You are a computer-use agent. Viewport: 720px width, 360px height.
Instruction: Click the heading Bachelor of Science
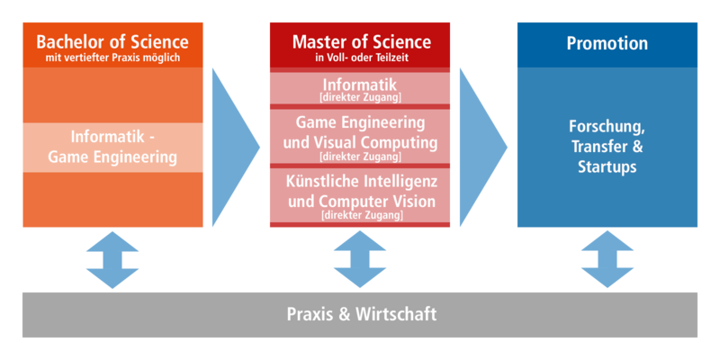click(112, 41)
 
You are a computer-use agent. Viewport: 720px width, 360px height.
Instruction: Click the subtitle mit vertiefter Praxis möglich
click(112, 58)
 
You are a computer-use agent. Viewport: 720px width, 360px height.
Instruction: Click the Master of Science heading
click(361, 42)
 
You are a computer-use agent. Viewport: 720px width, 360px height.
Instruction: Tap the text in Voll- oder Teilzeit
click(361, 58)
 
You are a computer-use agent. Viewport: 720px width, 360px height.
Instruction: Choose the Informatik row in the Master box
click(361, 89)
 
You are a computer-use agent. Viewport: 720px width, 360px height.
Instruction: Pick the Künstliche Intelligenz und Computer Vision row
click(361, 194)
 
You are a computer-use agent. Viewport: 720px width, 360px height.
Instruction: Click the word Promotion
click(607, 43)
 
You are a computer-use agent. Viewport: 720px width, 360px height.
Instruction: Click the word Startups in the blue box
click(607, 167)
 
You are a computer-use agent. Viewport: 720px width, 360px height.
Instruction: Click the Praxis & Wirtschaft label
click(361, 315)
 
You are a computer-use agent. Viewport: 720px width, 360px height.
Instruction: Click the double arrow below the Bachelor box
click(112, 259)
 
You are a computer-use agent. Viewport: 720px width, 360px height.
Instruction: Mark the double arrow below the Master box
click(361, 259)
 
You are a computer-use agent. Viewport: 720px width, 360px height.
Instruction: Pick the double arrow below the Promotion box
click(607, 259)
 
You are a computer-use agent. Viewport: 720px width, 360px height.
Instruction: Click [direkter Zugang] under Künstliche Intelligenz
click(361, 216)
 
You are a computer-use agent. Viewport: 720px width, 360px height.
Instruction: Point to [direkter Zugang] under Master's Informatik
click(361, 97)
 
